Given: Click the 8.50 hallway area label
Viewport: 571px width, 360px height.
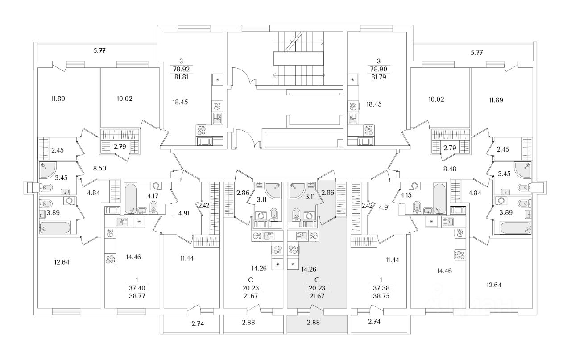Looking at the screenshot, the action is point(99,168).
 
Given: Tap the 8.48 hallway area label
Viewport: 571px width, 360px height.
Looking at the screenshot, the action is point(450,169).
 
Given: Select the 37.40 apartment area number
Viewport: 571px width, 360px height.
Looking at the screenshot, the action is point(137,288).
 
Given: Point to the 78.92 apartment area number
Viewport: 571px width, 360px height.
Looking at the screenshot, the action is point(181,69).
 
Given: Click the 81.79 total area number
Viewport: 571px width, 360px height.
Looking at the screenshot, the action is point(379,77).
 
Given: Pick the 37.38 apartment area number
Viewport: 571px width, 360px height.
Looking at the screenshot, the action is point(381,288).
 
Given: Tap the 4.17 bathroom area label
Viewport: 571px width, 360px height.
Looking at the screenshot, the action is point(153,196).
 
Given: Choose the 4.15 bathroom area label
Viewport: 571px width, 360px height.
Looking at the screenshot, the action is point(406,195).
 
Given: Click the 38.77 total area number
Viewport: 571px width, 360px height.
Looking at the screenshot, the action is point(137,296).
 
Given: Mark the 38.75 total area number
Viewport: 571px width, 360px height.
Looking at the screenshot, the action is point(381,296).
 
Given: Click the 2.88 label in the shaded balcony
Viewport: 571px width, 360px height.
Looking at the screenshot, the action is point(313,322).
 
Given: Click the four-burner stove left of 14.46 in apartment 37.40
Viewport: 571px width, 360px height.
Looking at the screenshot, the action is point(110,259).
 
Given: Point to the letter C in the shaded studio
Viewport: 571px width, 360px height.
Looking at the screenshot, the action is point(317,280).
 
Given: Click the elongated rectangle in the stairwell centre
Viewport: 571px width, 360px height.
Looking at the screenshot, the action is point(298,58).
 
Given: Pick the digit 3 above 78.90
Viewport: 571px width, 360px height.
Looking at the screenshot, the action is point(379,61).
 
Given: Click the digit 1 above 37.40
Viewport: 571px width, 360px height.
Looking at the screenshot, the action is point(137,280).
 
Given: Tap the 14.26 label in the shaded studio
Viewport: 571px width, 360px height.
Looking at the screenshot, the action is point(309,269).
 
